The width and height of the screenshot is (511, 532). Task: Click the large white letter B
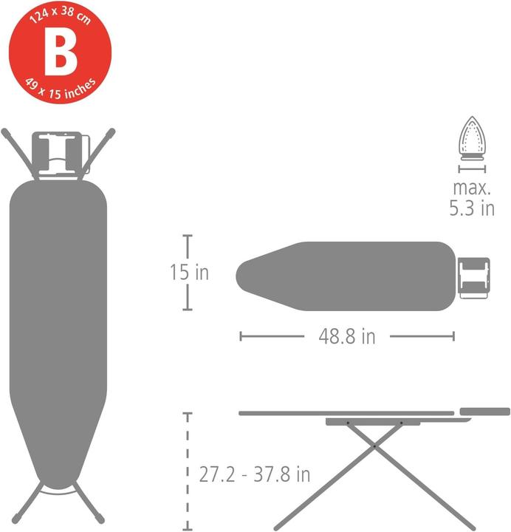click(x=59, y=52)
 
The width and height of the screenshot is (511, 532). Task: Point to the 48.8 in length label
click(x=347, y=337)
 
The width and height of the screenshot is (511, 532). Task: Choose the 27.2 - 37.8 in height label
click(x=254, y=474)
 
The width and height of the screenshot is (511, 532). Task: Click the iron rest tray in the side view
click(x=484, y=410)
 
